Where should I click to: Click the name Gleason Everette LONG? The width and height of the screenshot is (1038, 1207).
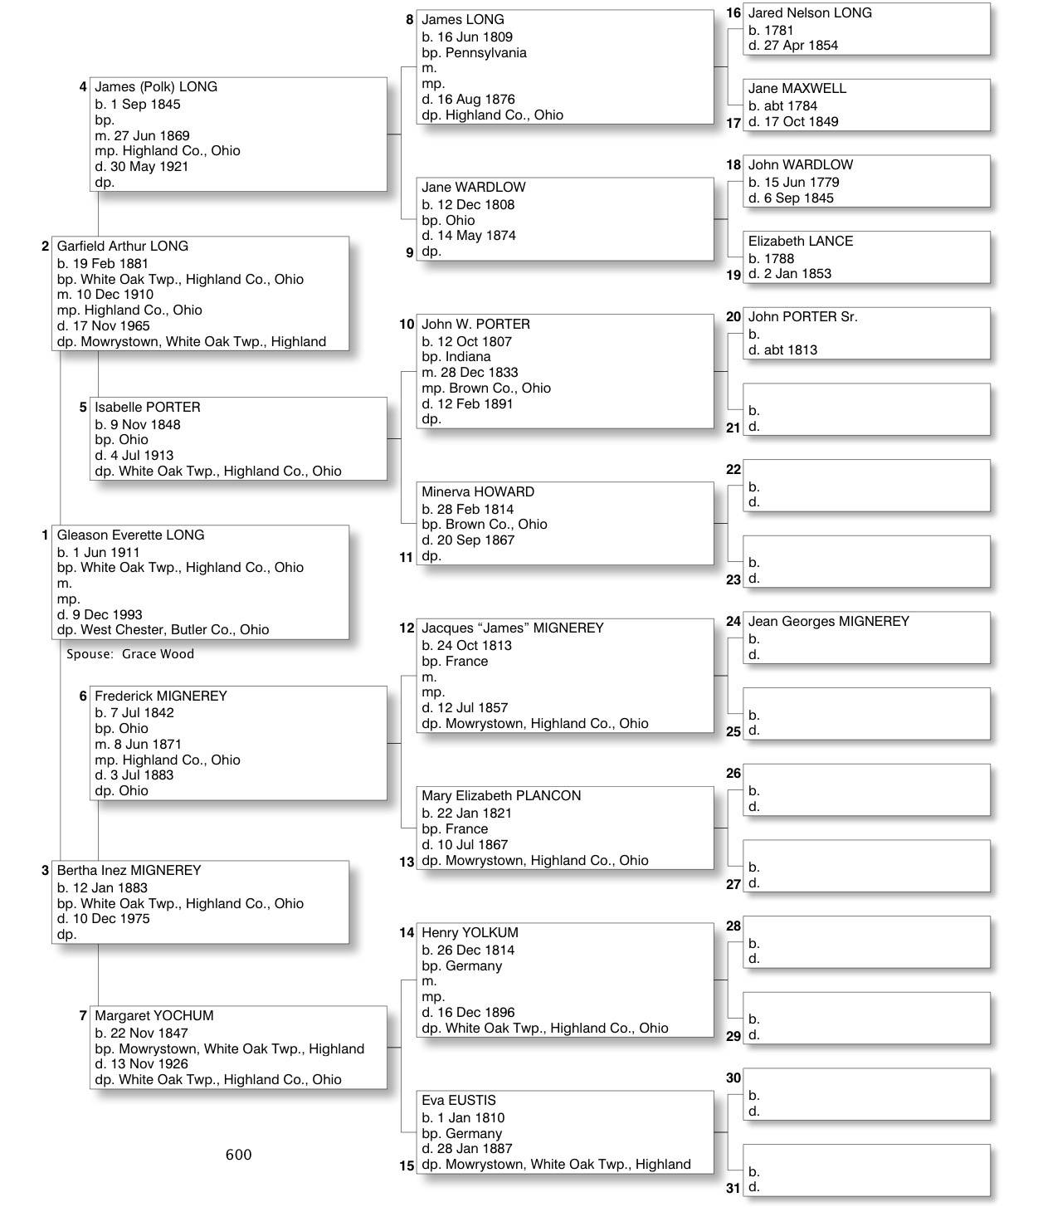click(x=130, y=535)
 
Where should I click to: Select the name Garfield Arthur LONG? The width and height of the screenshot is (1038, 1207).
click(x=123, y=247)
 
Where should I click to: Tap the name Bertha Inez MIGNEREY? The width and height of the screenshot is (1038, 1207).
click(x=129, y=871)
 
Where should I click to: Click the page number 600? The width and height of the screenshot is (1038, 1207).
click(x=238, y=1155)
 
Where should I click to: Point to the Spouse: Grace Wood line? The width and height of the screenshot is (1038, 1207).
click(x=130, y=654)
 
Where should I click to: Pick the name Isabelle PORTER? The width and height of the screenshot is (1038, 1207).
click(x=148, y=408)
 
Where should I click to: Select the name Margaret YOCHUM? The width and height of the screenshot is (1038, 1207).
click(x=154, y=1016)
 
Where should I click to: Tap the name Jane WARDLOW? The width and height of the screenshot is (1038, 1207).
click(x=474, y=188)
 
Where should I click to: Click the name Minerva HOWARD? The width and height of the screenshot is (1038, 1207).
click(x=478, y=492)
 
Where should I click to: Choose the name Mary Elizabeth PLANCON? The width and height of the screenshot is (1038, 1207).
click(x=501, y=796)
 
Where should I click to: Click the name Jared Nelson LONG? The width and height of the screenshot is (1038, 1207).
click(x=810, y=13)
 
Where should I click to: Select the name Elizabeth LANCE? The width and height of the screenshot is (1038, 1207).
click(x=801, y=242)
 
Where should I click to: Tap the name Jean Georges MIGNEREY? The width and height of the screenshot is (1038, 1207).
click(x=829, y=622)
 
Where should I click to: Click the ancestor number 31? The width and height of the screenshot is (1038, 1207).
click(x=733, y=1188)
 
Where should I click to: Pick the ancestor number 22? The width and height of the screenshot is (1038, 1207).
click(x=733, y=470)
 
